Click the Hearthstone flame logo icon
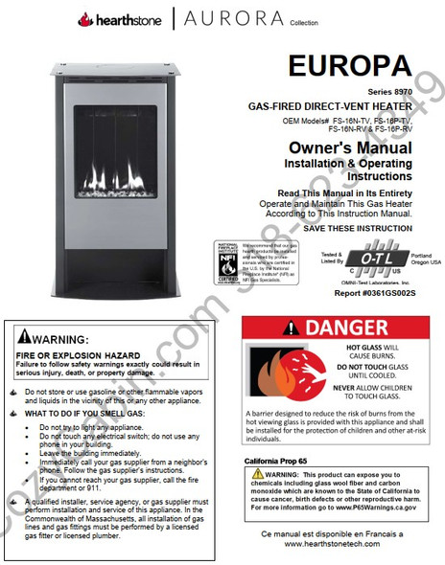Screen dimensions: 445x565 click(x=85, y=19)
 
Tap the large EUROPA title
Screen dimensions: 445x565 click(x=349, y=68)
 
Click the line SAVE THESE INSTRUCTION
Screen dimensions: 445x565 click(x=357, y=230)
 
